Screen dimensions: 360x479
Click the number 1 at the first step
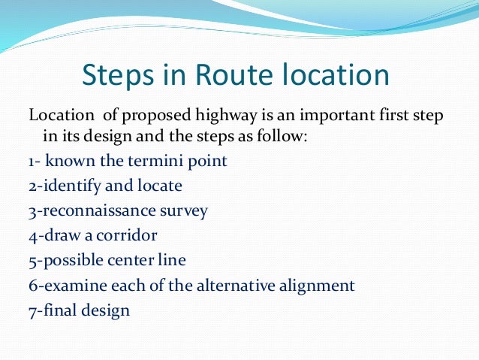pyautogui.click(x=31, y=161)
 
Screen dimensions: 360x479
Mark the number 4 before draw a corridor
pyautogui.click(x=32, y=235)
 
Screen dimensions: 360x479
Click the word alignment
pyautogui.click(x=321, y=286)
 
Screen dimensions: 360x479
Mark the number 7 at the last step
pyautogui.click(x=32, y=310)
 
